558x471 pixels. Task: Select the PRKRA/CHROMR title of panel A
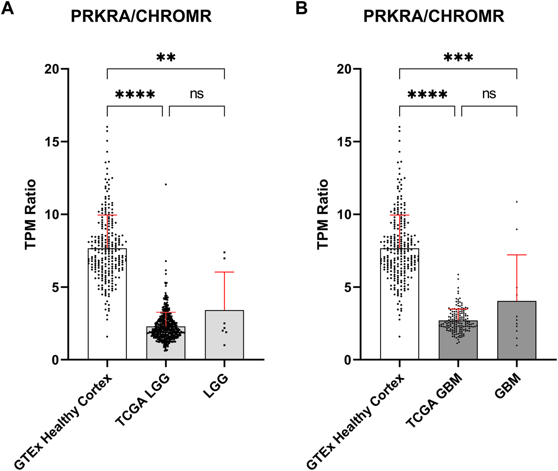pos(141,17)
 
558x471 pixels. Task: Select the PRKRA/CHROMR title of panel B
pos(434,17)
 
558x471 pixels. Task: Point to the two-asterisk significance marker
pos(166,57)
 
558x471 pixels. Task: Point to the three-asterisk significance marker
pos(458,57)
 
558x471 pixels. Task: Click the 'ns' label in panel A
pos(197,94)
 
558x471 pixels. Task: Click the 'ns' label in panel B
pos(489,94)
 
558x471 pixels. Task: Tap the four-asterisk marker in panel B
pos(428,95)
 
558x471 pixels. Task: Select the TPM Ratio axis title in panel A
pos(31,214)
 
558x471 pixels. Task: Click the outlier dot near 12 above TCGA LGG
pos(166,184)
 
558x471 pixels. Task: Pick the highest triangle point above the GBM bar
pos(517,201)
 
